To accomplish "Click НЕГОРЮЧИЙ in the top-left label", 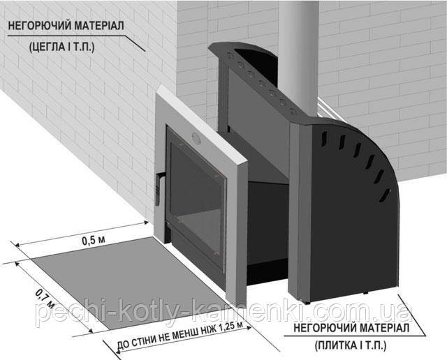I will click(38, 26).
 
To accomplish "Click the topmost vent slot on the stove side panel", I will click(323, 140).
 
